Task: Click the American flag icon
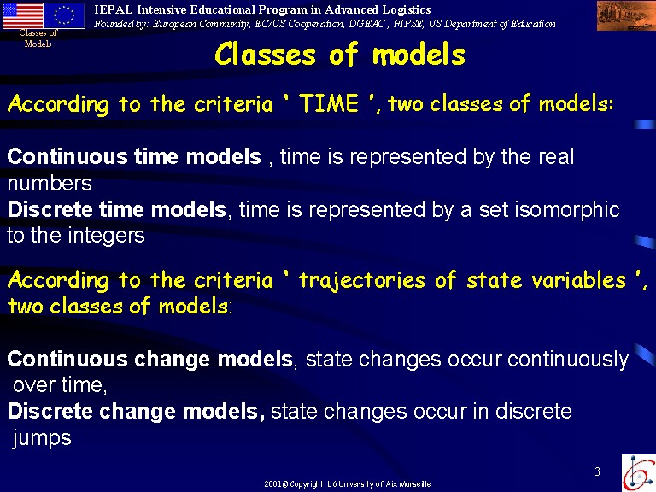(x=22, y=16)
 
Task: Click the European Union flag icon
(x=64, y=16)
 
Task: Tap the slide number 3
(x=597, y=471)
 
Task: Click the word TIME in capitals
(x=329, y=103)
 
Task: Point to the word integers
(x=106, y=236)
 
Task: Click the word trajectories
(x=362, y=280)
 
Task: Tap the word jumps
(x=42, y=438)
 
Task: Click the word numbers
(x=50, y=184)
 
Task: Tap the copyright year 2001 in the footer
(x=273, y=484)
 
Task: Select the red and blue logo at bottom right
(x=639, y=473)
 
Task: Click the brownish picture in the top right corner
(x=626, y=16)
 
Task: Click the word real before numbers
(x=556, y=156)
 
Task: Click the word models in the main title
(x=419, y=55)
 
